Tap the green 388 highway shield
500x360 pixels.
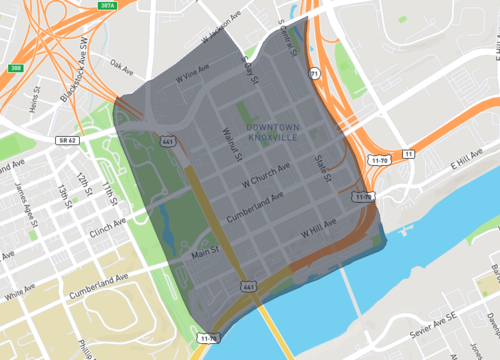click(15, 68)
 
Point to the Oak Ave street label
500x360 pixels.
click(121, 67)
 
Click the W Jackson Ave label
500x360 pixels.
click(222, 33)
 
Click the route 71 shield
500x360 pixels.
click(314, 74)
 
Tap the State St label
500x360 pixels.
click(320, 167)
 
